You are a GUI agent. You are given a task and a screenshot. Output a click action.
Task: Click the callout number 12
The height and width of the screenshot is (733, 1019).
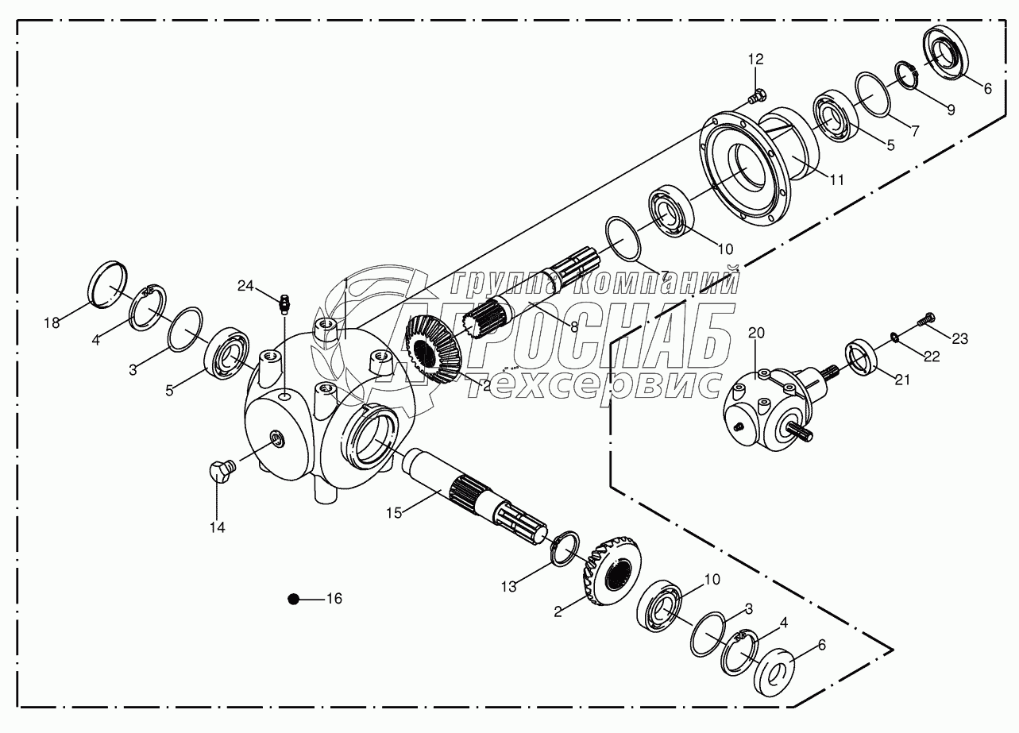click(755, 59)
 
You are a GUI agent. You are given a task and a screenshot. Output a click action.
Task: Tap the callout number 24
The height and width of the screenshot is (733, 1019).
click(246, 285)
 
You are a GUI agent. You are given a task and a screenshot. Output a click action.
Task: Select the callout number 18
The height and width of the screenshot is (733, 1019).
click(52, 322)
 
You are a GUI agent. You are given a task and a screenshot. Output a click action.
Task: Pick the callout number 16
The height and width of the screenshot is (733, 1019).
click(334, 599)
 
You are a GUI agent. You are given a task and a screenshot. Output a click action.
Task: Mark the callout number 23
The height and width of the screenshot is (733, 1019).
click(959, 339)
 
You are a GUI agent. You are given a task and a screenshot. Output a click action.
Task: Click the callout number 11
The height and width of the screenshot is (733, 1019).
click(836, 179)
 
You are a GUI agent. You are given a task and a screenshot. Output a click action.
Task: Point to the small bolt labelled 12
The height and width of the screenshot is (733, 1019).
click(755, 98)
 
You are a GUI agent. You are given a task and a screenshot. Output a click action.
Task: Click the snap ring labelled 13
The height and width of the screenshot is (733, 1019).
click(566, 549)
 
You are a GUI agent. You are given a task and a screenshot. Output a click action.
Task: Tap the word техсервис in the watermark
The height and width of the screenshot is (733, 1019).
click(587, 384)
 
